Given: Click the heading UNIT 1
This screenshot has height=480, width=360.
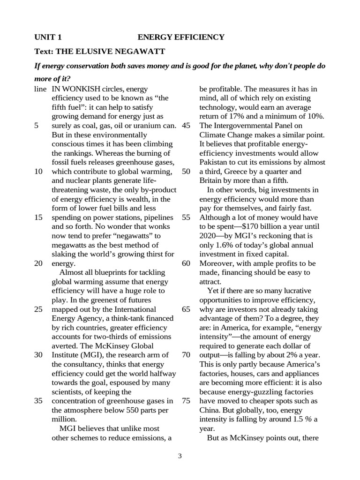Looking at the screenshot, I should [48, 37].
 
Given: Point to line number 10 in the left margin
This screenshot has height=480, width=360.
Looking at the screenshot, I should [39, 171].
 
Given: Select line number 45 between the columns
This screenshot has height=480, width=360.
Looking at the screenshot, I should [186, 125].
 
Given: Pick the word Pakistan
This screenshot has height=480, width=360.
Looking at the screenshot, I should [215, 162].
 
